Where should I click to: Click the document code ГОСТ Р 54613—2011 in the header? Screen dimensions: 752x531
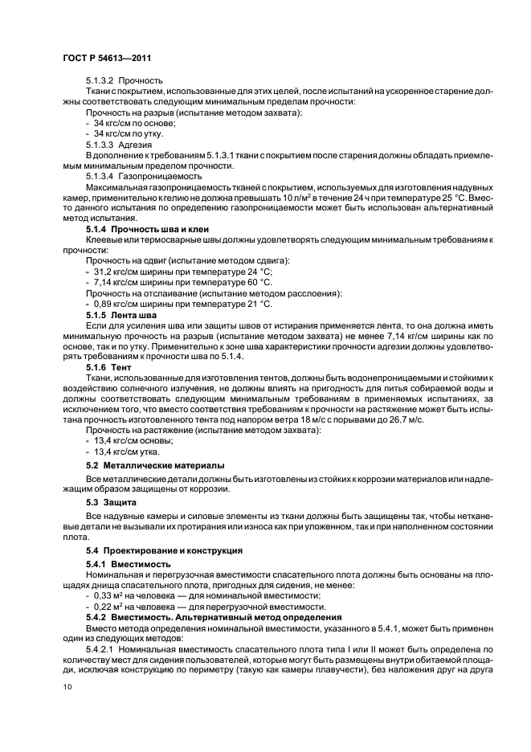tap(107, 59)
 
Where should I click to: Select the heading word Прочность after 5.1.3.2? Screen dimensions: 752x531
tap(141, 80)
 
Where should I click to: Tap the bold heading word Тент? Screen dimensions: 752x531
tap(131, 366)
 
